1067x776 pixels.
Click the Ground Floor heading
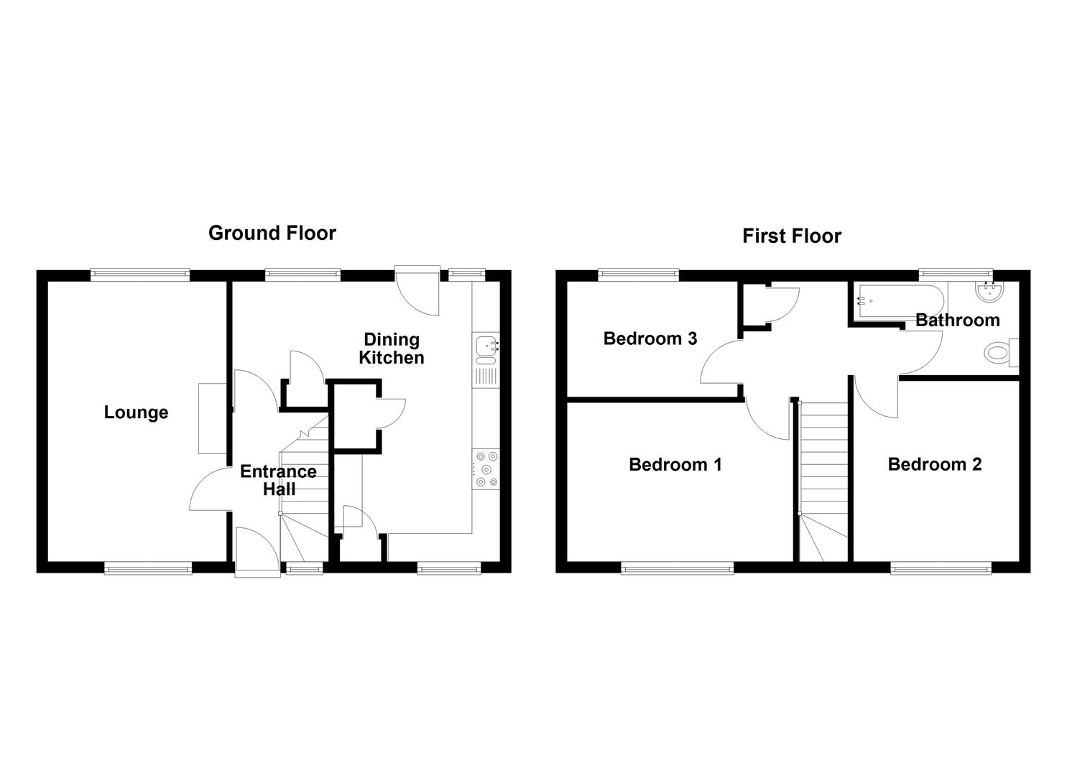point(272,233)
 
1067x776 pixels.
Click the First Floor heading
point(791,236)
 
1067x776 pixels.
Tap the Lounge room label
point(136,412)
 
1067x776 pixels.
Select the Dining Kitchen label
point(392,348)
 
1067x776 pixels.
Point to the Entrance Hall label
point(278,480)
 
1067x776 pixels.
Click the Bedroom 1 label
point(675,465)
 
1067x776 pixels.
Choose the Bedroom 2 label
point(934,464)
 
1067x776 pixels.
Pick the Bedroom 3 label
point(650,338)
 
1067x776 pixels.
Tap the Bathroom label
point(957,320)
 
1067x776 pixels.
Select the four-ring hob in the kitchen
point(486,468)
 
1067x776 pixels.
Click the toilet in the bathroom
point(1002,353)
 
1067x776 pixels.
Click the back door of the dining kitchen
point(417,291)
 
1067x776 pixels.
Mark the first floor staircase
point(823,474)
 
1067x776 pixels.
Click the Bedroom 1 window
point(678,569)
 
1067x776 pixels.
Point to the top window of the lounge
point(140,273)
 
